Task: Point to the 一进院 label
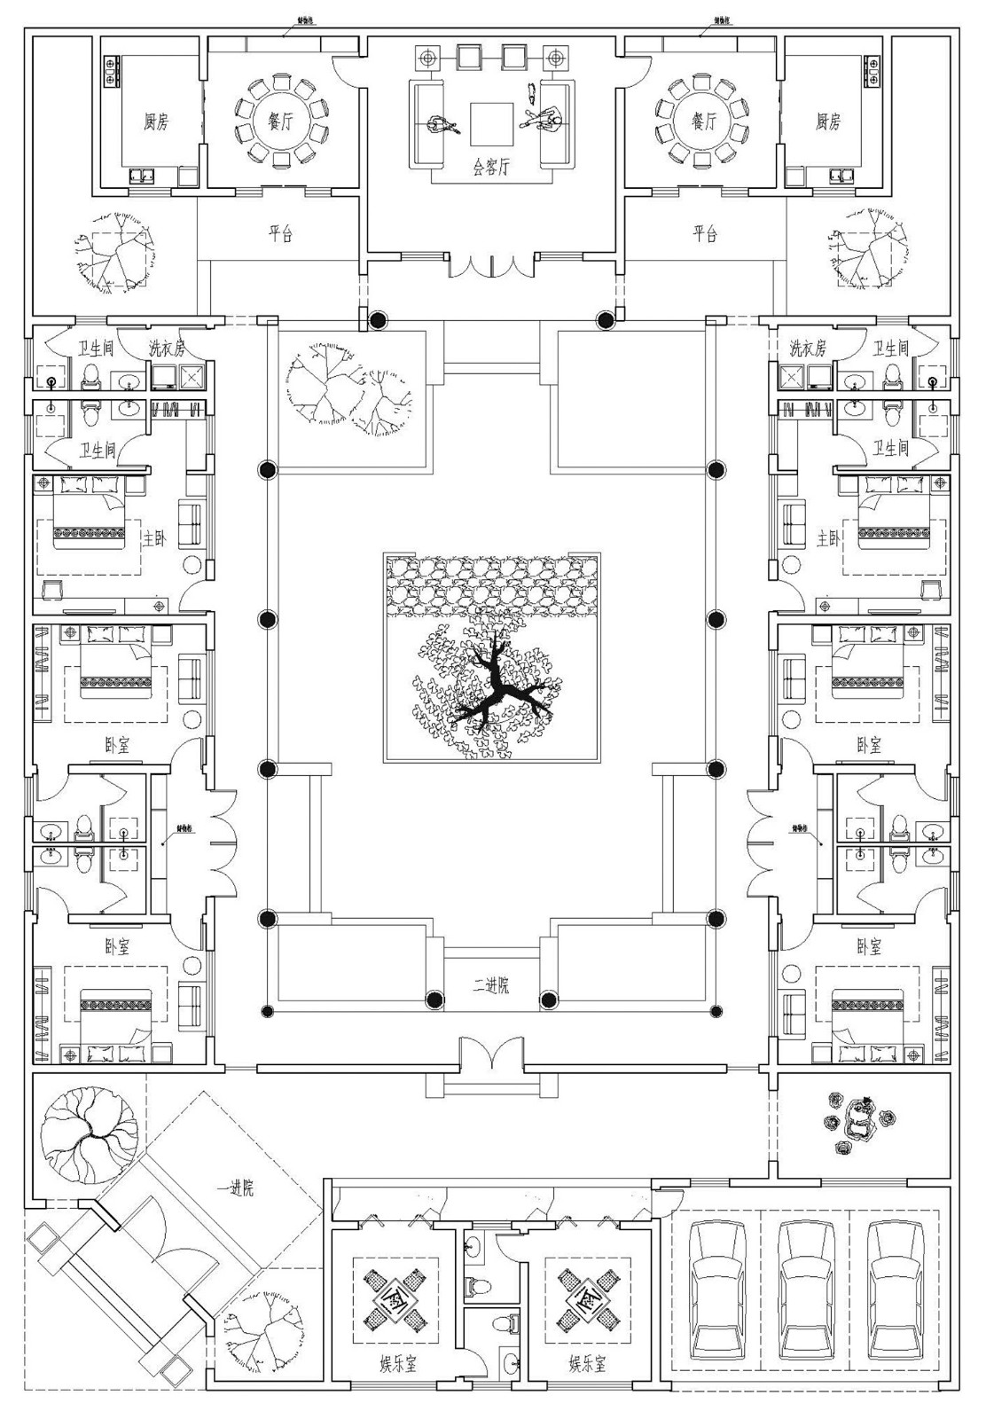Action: [x=235, y=1188]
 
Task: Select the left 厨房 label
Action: [x=156, y=122]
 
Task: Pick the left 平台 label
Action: [x=280, y=234]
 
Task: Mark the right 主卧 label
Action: [x=828, y=538]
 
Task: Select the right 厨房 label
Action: [x=828, y=122]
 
